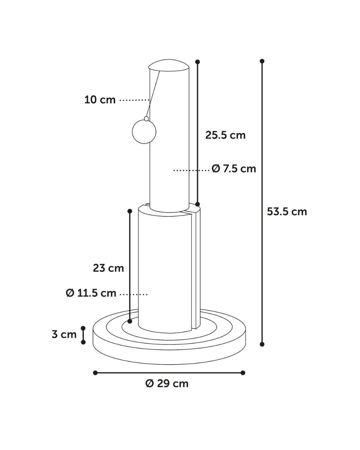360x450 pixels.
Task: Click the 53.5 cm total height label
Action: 287,212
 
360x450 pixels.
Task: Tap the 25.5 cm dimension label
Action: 225,135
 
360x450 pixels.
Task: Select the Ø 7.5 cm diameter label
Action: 234,169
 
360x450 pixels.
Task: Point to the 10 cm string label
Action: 100,100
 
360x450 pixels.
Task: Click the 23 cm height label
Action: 108,268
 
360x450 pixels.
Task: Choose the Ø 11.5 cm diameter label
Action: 91,293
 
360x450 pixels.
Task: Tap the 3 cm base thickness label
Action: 64,334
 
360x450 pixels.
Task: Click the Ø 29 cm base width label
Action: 167,384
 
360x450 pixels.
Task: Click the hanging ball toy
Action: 144,132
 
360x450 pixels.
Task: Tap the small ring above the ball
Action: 146,119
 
